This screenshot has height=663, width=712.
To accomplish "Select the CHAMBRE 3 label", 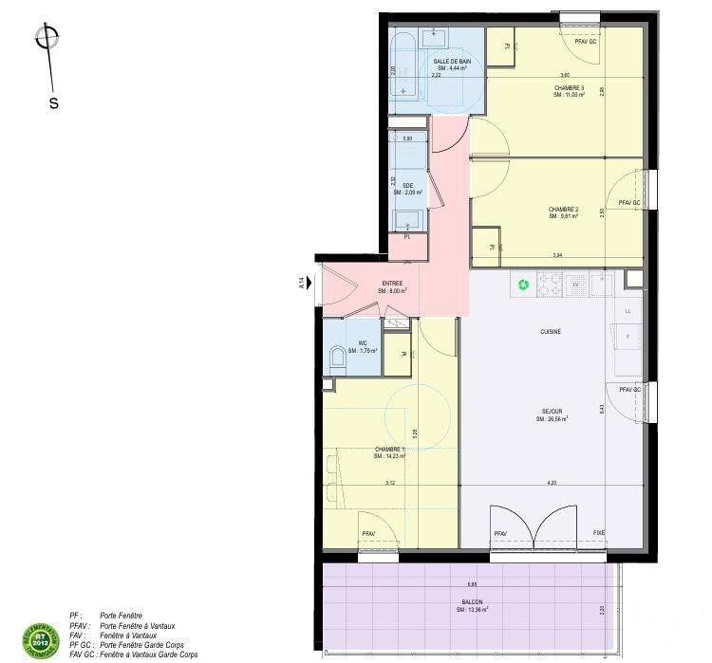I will tap(570, 88).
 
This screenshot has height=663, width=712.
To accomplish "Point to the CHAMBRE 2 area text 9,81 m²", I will tap(563, 216).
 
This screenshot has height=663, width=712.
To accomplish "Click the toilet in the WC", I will tap(336, 359).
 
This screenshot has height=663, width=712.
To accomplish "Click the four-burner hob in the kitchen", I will tap(550, 283).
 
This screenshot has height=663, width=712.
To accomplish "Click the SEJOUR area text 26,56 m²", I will tap(553, 418).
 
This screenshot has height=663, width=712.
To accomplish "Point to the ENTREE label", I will tap(392, 284).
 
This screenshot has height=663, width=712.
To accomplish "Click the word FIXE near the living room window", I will tap(598, 533).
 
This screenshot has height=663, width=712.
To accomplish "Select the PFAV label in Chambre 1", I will tap(368, 534).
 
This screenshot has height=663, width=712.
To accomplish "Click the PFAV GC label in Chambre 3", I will tap(586, 42).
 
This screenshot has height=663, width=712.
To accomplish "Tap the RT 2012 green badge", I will tap(34, 637).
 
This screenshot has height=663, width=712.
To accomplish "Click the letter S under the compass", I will tap(54, 103).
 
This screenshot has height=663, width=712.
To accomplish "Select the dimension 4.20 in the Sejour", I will tap(552, 483).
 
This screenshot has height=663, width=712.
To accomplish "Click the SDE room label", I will tap(407, 185).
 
